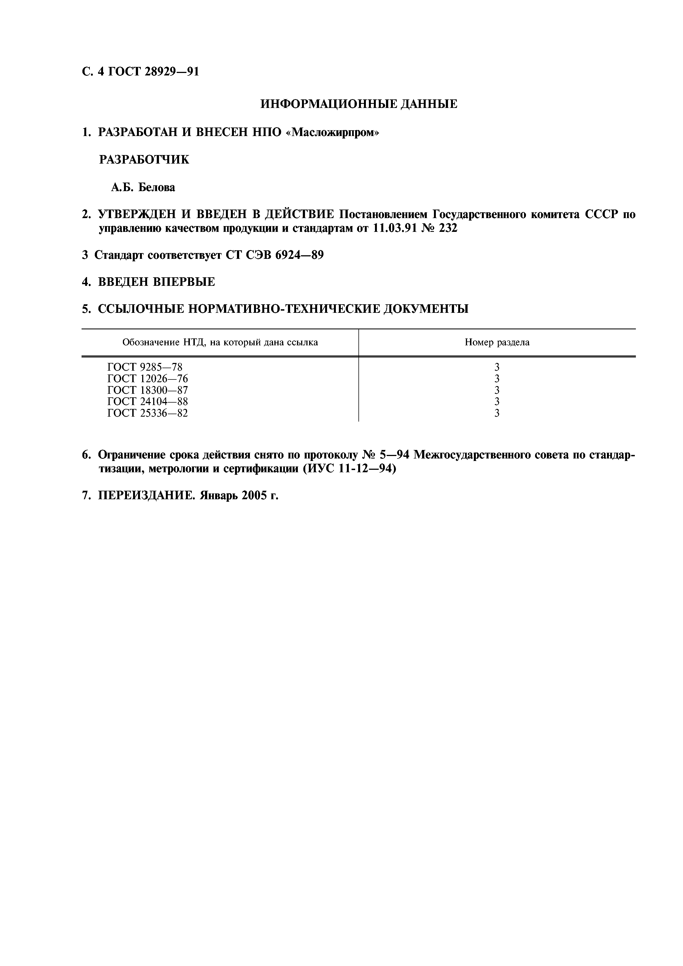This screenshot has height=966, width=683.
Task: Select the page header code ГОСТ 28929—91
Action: click(154, 72)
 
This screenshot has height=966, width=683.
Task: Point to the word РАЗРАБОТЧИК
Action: click(144, 160)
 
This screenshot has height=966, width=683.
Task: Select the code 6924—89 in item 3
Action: click(299, 255)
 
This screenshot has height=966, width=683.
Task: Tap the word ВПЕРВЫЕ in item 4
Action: click(183, 282)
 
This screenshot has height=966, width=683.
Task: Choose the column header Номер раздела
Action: click(497, 343)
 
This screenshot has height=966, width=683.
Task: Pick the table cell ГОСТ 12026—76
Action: click(147, 379)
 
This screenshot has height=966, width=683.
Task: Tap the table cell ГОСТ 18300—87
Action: click(147, 390)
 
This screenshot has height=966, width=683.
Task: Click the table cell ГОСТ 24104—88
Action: click(147, 401)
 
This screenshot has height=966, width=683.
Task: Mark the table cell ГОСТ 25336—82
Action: click(147, 413)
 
